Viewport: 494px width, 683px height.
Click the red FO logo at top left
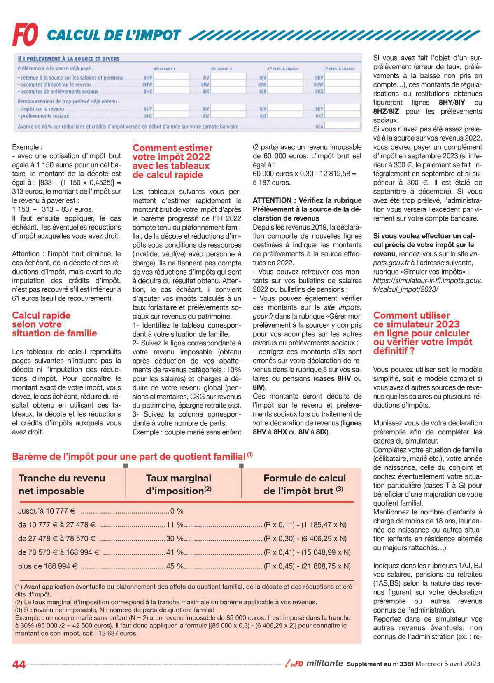coord(25,34)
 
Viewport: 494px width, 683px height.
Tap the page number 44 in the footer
coord(19,664)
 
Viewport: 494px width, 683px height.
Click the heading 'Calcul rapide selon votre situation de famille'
coord(54,324)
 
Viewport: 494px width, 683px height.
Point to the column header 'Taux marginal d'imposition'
coord(178,484)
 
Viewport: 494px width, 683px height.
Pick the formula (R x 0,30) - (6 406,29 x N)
coord(305,538)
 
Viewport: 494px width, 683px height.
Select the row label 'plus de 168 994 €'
coord(48,566)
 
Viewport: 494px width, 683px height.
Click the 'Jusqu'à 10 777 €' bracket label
coord(47,511)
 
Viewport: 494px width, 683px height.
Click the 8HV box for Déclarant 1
coord(171,77)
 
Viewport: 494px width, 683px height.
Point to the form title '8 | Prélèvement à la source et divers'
coord(69,59)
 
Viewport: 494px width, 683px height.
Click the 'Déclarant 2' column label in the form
coord(221,69)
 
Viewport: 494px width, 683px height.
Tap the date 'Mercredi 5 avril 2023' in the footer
coord(447,664)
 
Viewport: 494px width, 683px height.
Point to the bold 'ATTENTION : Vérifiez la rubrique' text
coord(307,200)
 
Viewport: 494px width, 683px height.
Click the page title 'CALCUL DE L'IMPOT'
coord(114,35)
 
